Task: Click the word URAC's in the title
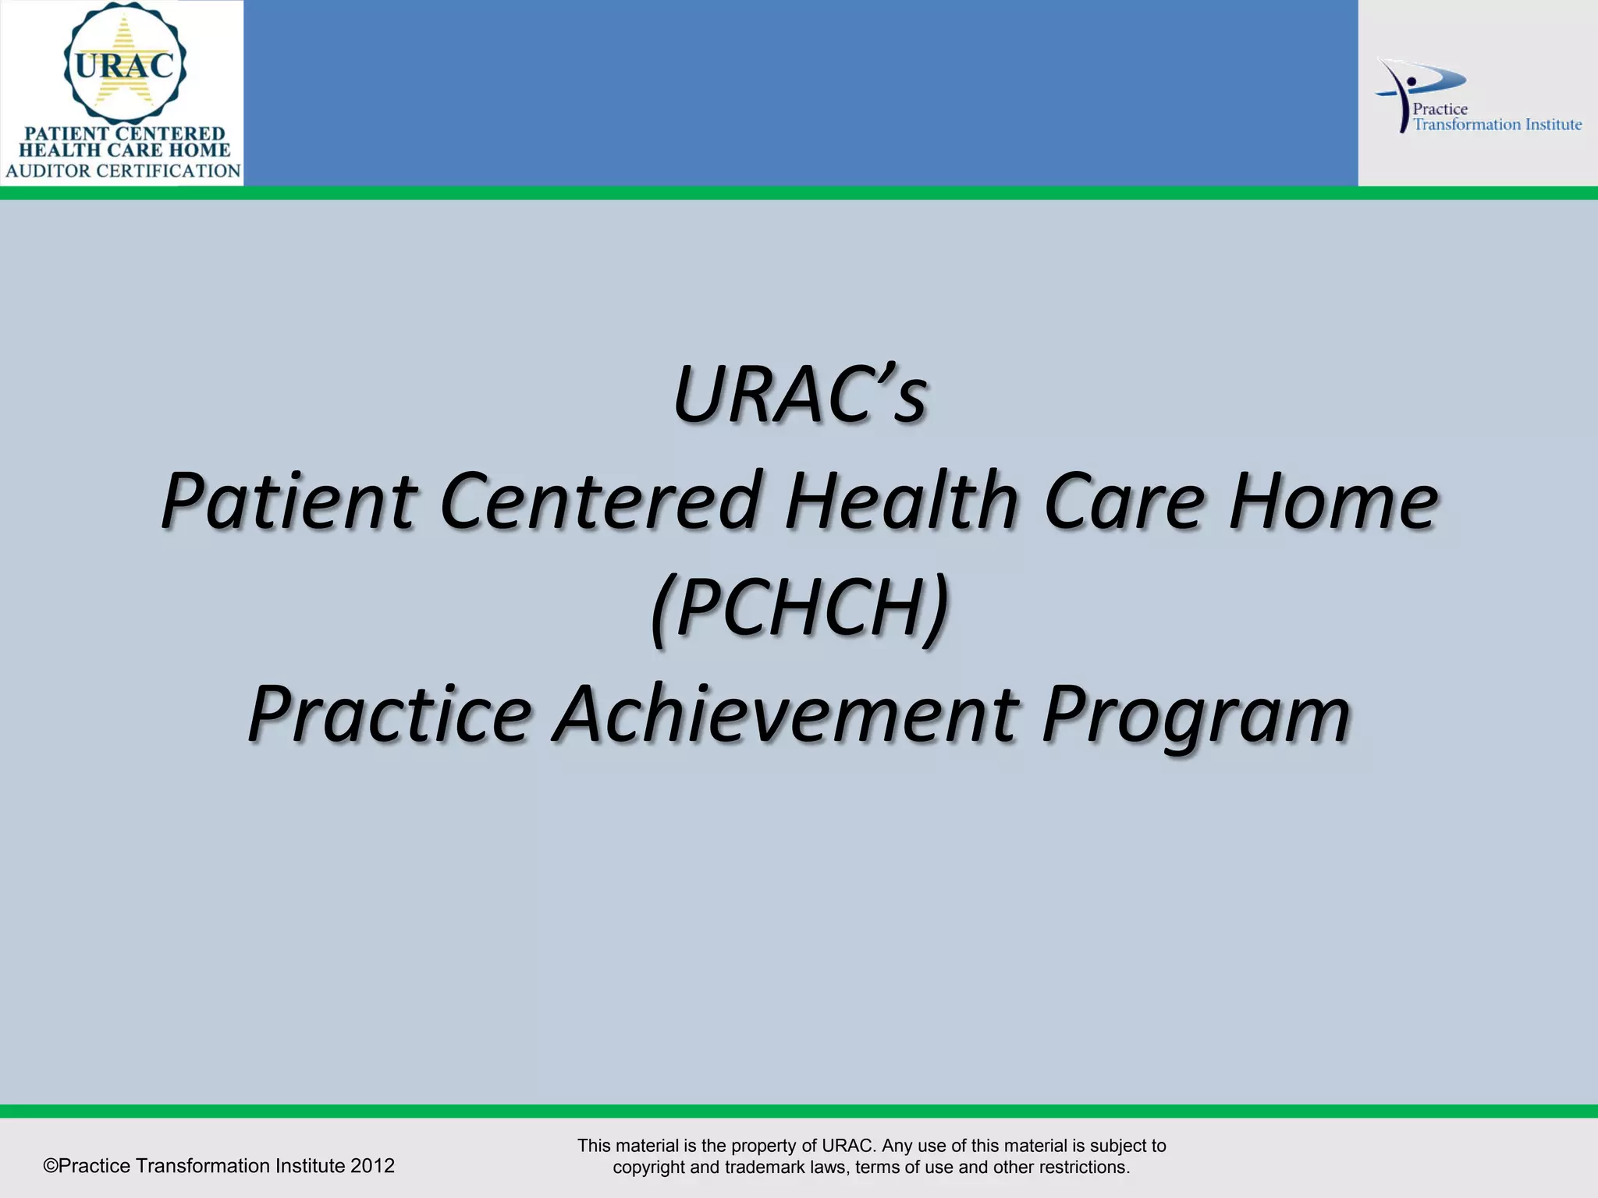(799, 395)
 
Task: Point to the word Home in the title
(1333, 502)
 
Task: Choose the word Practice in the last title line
(390, 714)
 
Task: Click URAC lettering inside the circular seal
(125, 66)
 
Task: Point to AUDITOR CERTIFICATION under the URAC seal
(123, 171)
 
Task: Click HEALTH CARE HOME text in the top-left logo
(125, 151)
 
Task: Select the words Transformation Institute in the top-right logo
(1497, 125)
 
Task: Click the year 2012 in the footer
(372, 1166)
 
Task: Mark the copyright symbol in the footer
(51, 1166)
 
